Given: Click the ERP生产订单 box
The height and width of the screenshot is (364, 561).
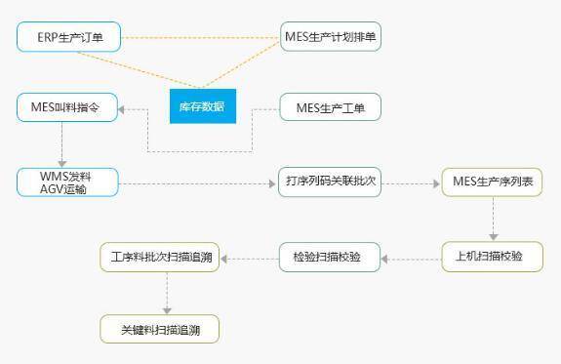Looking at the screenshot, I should pyautogui.click(x=67, y=38).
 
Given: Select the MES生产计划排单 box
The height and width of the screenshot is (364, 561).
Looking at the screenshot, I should pyautogui.click(x=330, y=38).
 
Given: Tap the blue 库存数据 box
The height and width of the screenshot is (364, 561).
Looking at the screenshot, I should pyautogui.click(x=203, y=106).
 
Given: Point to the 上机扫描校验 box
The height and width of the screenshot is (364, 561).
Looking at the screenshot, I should pyautogui.click(x=492, y=257).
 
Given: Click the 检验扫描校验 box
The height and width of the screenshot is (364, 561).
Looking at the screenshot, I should pyautogui.click(x=330, y=257).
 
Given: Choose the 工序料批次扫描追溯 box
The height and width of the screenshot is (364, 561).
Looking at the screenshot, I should pyautogui.click(x=160, y=257).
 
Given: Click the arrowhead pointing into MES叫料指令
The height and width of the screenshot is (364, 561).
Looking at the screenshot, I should pyautogui.click(x=123, y=110).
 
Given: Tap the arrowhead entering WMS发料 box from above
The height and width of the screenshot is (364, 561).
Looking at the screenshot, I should pyautogui.click(x=63, y=163).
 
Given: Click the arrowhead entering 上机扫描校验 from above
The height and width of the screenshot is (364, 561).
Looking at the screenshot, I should pyautogui.click(x=494, y=237).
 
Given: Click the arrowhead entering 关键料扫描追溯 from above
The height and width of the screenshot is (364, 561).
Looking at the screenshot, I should pyautogui.click(x=167, y=309).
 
